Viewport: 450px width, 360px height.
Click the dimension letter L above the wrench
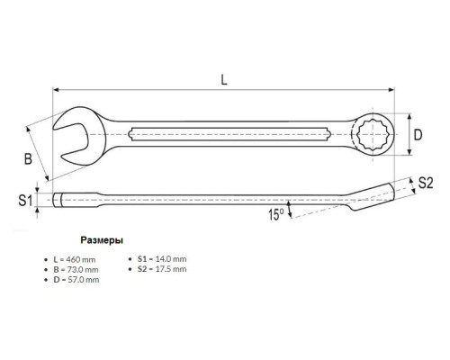(x=224, y=80)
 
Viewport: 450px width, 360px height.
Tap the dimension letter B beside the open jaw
(x=28, y=158)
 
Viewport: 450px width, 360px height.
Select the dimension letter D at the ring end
(x=418, y=135)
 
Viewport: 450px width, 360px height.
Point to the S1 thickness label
(x=25, y=200)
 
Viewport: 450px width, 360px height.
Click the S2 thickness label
(x=426, y=183)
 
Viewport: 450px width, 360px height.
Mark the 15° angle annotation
(x=276, y=214)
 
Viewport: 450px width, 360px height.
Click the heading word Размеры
(x=102, y=240)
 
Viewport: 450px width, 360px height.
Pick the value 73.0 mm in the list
(x=83, y=269)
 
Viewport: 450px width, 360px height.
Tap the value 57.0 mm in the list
(x=83, y=280)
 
